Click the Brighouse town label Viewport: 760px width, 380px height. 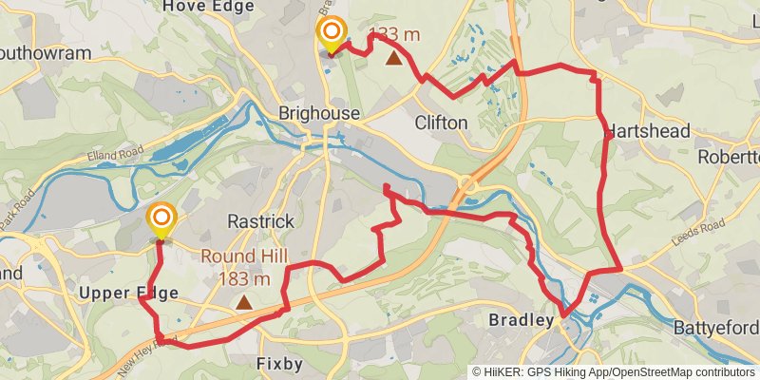click(x=319, y=114)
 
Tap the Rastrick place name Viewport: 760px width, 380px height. click(x=260, y=221)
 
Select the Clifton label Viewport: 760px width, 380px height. click(x=442, y=123)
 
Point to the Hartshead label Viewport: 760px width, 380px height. click(x=647, y=131)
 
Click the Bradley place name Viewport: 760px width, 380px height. click(x=521, y=321)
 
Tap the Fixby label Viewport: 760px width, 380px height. click(x=280, y=364)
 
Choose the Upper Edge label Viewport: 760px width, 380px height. click(x=130, y=294)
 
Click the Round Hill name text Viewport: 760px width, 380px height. click(x=241, y=256)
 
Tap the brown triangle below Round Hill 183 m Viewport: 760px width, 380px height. click(x=245, y=303)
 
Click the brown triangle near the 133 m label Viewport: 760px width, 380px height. click(x=393, y=58)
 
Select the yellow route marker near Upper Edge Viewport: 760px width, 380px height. click(x=161, y=220)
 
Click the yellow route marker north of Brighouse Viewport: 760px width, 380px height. click(x=332, y=34)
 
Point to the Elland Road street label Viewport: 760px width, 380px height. click(x=118, y=150)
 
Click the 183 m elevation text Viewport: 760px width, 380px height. click(x=245, y=278)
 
